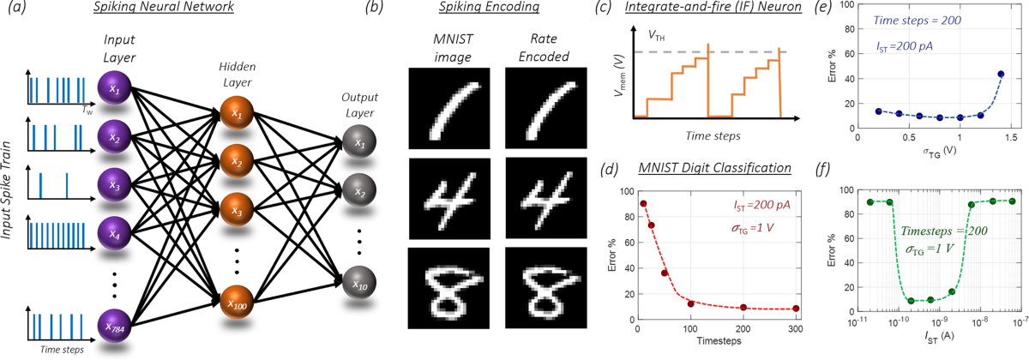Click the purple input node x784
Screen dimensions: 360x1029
[114, 327]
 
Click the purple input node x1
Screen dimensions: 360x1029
[114, 88]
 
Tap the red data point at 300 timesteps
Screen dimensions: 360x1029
[797, 309]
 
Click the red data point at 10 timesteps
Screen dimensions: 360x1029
[643, 203]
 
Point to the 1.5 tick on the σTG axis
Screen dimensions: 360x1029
[1012, 135]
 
